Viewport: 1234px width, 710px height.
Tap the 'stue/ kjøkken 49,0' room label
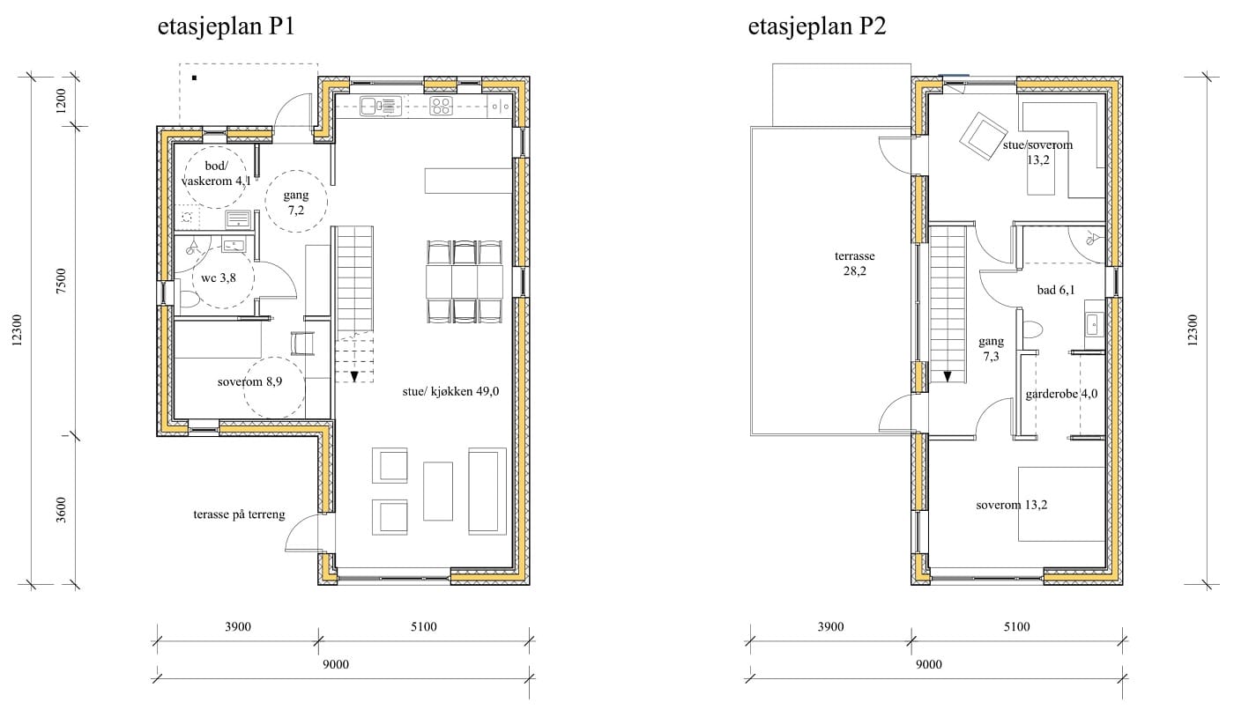450,391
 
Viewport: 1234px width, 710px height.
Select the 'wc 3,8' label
219,278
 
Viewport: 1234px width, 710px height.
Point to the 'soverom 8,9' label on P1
249,381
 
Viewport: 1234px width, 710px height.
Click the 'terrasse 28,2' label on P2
854,263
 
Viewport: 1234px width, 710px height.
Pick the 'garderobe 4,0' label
1061,394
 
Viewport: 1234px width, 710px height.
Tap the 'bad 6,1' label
1056,290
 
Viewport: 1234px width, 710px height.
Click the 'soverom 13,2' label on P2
1012,505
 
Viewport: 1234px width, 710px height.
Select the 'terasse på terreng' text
239,514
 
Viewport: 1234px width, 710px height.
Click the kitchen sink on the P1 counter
380,106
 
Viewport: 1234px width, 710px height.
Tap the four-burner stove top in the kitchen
441,106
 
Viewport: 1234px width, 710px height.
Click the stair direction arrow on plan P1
354,376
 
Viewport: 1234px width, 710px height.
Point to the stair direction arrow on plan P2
948,376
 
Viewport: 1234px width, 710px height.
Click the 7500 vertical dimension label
61,281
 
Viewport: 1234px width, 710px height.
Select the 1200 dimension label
61,100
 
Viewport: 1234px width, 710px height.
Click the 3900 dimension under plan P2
830,627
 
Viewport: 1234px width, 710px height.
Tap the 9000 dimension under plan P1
336,664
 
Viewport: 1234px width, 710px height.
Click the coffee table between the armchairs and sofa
438,491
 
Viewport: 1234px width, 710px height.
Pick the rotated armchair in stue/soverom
984,136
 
